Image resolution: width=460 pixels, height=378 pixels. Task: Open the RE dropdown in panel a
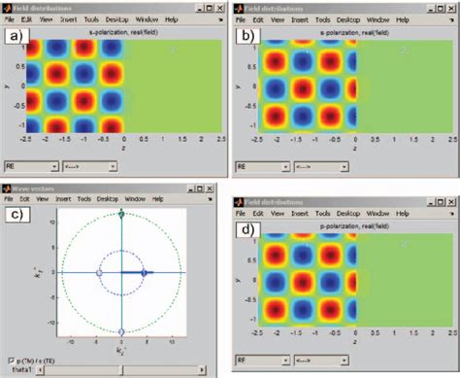[29, 166]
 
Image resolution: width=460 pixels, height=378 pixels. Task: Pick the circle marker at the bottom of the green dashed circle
[121, 332]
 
